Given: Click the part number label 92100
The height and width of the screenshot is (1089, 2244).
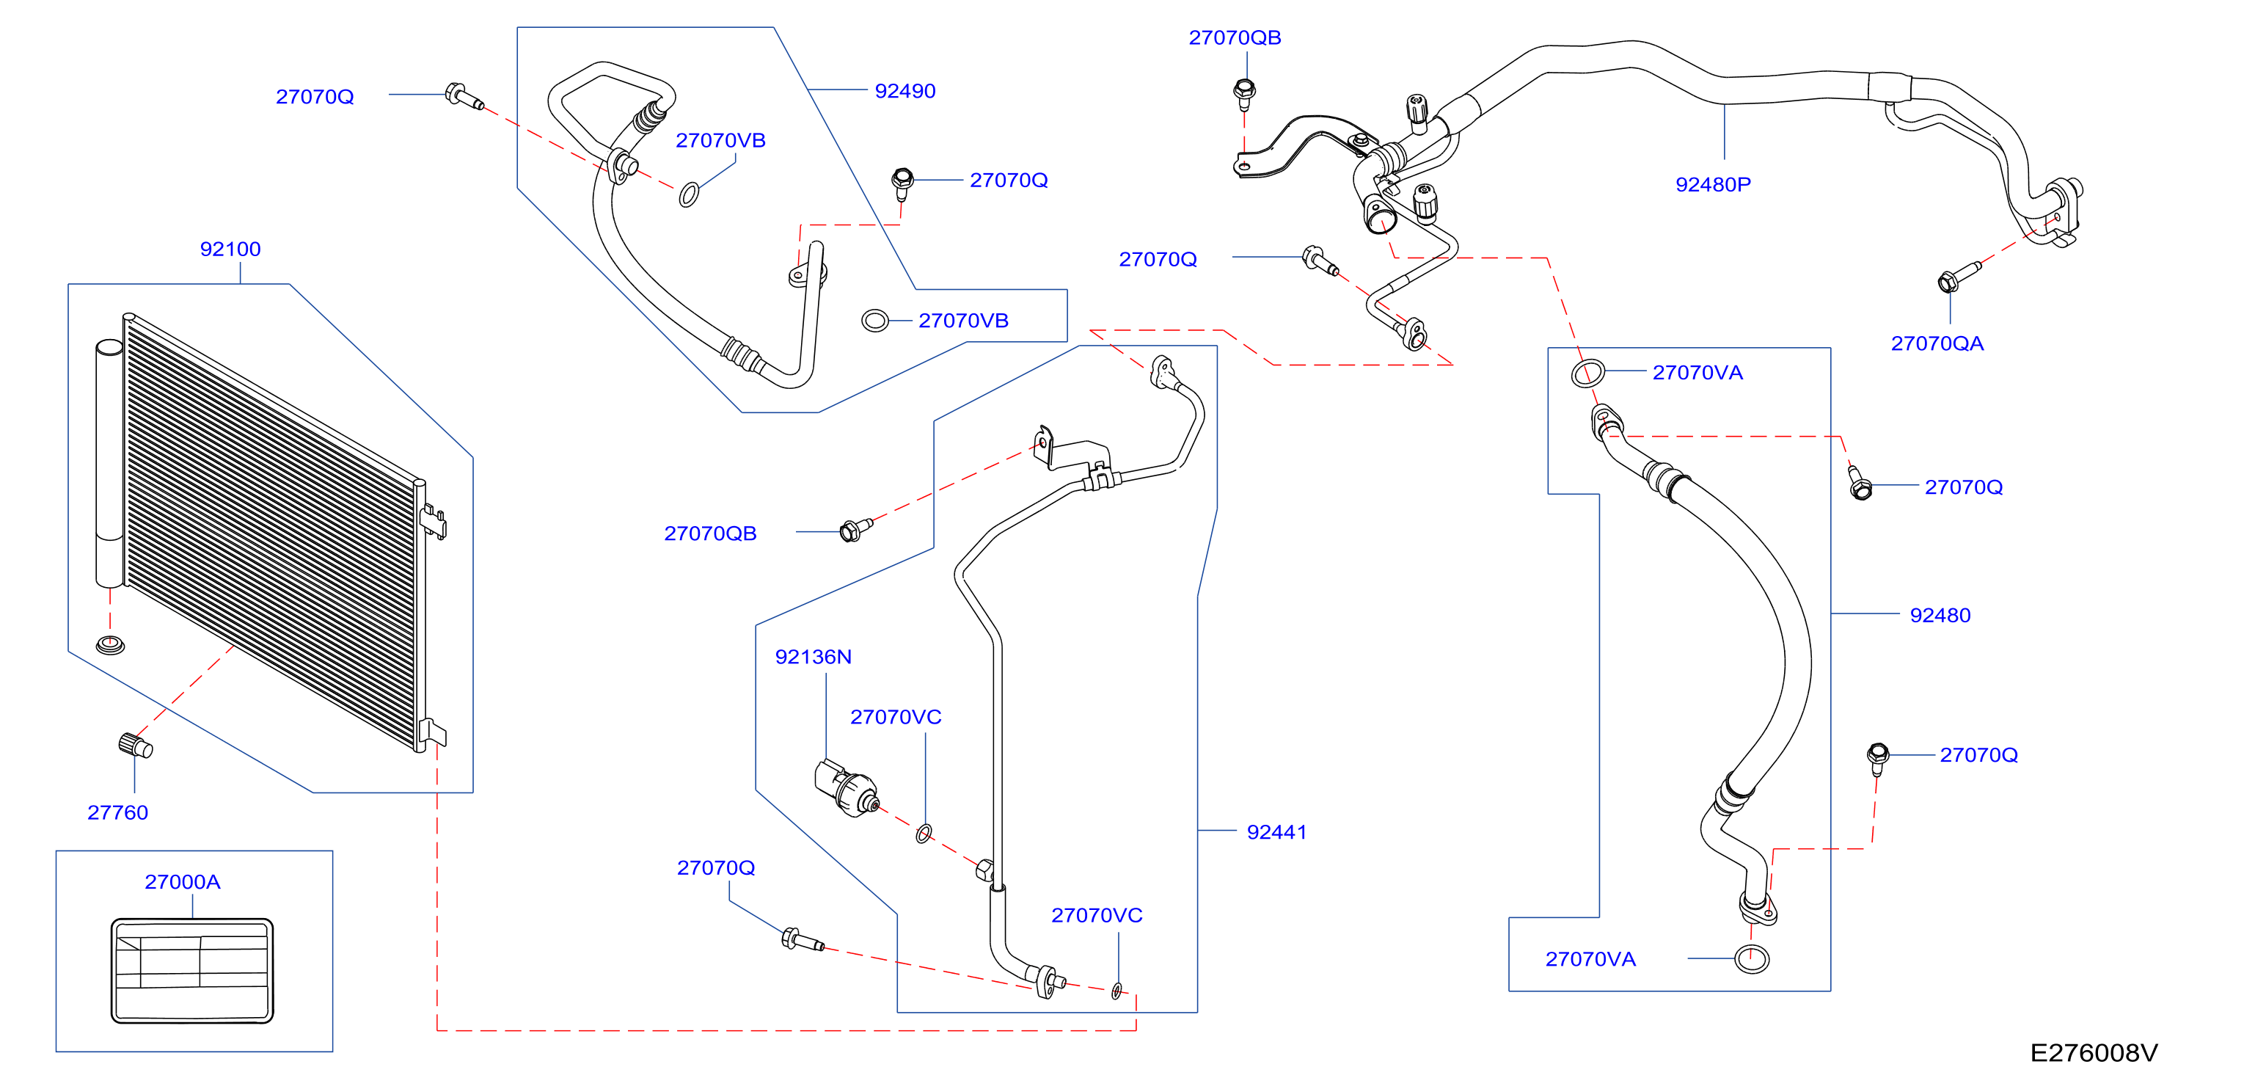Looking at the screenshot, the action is [230, 250].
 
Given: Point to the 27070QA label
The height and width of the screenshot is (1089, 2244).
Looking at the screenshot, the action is [1937, 343].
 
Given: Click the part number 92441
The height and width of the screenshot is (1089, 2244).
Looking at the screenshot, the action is [1276, 832].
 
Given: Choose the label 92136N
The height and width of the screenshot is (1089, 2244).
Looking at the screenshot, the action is [813, 657].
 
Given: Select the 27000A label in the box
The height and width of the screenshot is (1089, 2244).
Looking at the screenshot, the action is [182, 881].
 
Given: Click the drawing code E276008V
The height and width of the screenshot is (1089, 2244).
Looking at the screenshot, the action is [2094, 1053].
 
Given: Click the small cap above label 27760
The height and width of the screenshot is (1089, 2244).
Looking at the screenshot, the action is [135, 746].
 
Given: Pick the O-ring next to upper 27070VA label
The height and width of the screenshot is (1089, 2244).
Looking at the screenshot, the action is [1587, 373].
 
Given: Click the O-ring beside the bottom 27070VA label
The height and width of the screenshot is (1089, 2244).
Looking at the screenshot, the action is [1751, 959].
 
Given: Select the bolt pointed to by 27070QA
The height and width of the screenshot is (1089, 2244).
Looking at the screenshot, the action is [1956, 276].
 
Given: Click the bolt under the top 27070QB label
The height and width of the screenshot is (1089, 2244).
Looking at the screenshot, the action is [1244, 93].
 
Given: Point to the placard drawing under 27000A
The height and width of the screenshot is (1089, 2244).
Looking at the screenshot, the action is [191, 969].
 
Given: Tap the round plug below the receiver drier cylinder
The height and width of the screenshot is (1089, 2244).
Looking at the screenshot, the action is [110, 646].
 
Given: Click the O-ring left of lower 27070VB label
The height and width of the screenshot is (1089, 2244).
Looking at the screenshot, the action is [874, 321].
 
